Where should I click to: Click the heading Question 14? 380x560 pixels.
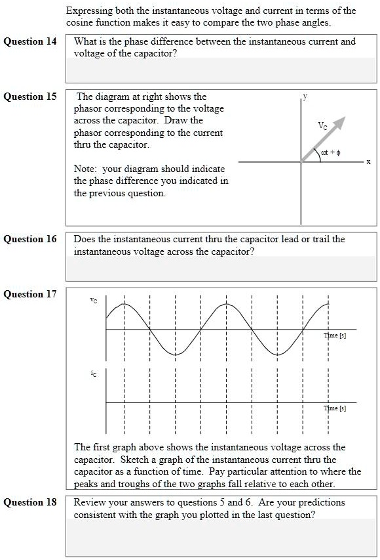31,41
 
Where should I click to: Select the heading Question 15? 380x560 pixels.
31,97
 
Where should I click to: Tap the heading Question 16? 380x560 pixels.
31,239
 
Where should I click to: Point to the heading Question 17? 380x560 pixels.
31,294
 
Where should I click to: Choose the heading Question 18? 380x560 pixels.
31,502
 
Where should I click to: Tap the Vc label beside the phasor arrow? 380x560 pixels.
322,125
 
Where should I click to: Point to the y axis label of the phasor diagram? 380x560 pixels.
305,97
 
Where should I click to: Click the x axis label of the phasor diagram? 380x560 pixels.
368,162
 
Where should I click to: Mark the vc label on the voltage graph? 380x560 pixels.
94,301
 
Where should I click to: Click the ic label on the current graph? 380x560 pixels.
94,372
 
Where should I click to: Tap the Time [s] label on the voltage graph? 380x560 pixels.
335,335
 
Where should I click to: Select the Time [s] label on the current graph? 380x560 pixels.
335,408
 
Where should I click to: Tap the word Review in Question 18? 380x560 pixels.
88,502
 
